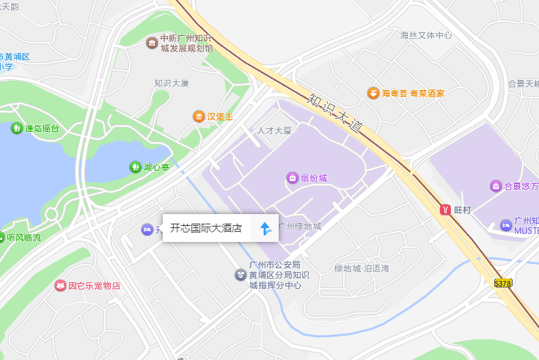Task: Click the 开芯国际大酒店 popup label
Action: click(x=206, y=228)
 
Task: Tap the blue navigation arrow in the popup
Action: click(x=265, y=229)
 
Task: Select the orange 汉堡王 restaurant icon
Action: click(x=199, y=117)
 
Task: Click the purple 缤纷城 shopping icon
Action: click(x=292, y=177)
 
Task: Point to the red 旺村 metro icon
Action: click(x=444, y=210)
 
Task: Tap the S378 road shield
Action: click(x=503, y=282)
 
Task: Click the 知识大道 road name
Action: click(x=336, y=112)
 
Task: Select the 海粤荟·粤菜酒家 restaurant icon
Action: click(x=373, y=93)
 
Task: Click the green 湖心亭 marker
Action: click(x=135, y=167)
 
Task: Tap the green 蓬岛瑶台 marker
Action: click(x=16, y=128)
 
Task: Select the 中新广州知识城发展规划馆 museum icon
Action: click(x=152, y=43)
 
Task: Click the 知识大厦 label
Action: click(x=171, y=84)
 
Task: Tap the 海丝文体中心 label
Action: click(x=426, y=35)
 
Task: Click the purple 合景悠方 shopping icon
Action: click(x=496, y=185)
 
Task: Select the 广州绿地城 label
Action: click(x=299, y=226)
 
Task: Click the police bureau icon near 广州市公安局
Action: click(x=241, y=275)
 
